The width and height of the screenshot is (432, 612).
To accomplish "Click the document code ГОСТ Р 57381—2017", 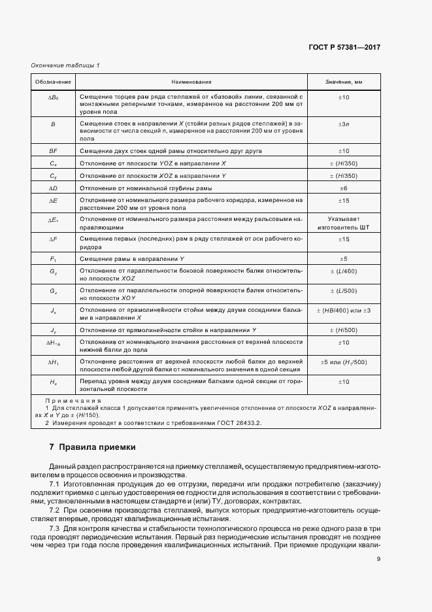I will (x=344, y=48).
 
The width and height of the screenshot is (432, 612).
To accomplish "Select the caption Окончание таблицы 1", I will (x=65, y=65).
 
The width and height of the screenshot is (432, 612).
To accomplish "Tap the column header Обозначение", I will (x=54, y=82).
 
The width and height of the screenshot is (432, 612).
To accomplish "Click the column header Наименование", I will (x=191, y=82).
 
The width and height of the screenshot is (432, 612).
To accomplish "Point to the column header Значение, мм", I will (x=343, y=82).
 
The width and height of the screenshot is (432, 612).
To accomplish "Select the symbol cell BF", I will (x=54, y=150).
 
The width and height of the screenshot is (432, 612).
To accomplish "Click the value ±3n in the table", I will (x=344, y=124).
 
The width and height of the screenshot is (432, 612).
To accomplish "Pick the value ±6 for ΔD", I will (x=344, y=188).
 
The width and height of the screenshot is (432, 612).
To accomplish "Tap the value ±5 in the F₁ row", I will (x=344, y=260).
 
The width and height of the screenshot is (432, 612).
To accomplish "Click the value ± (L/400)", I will (x=344, y=272).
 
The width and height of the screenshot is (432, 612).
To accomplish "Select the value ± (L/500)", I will (x=344, y=290).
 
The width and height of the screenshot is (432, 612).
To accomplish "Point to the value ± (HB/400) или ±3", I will (x=344, y=309).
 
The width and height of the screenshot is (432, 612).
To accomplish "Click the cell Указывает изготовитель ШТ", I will (x=344, y=222).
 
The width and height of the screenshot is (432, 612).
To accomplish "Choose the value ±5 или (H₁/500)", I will (x=344, y=362).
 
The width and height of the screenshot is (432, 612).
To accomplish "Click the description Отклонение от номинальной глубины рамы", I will (x=145, y=188).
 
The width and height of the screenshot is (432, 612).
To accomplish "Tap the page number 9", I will (x=378, y=558).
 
